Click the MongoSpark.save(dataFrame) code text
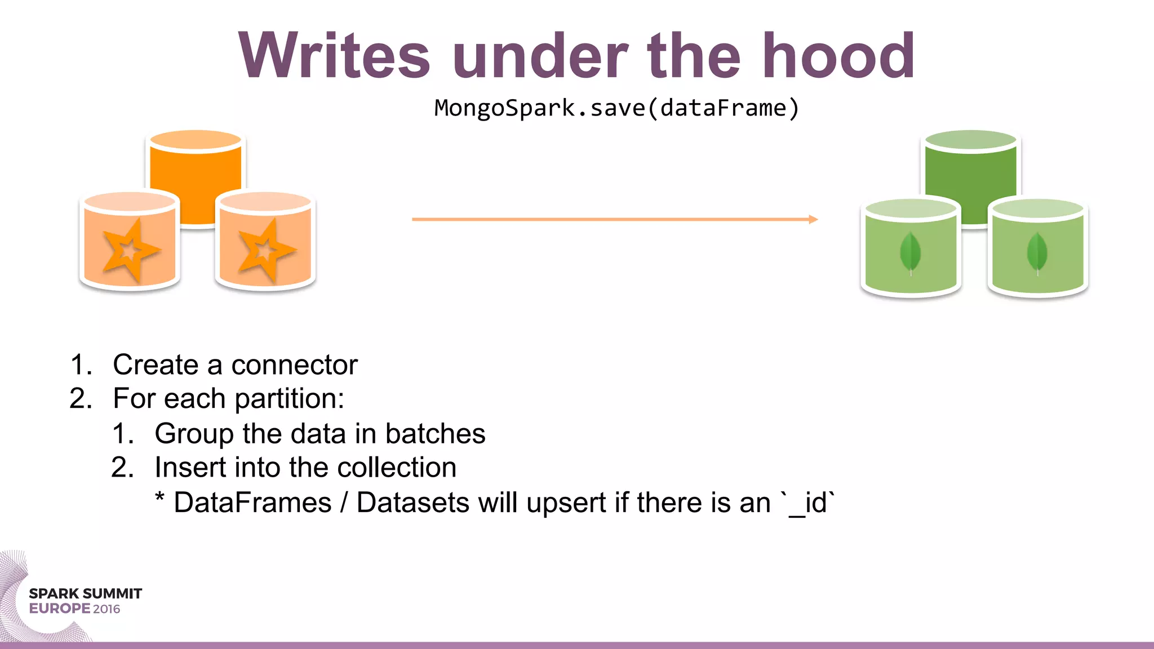click(x=616, y=108)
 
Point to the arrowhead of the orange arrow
click(x=813, y=219)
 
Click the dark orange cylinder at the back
click(x=196, y=175)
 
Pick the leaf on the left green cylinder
click(x=910, y=254)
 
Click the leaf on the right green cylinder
click(x=1037, y=254)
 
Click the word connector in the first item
click(x=294, y=364)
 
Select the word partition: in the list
click(x=289, y=399)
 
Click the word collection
click(x=397, y=468)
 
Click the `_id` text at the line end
click(x=808, y=503)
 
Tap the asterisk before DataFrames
click(x=160, y=499)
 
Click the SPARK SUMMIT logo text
click(x=85, y=594)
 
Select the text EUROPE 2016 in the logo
click(x=74, y=609)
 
